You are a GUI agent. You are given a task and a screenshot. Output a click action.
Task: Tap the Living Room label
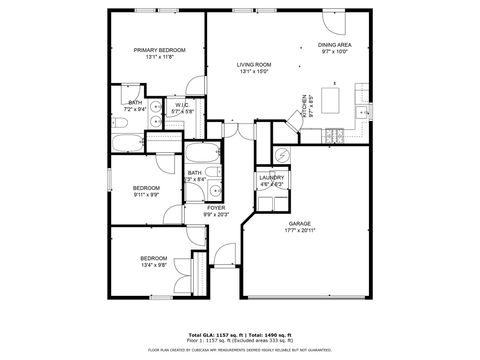click(x=254, y=65)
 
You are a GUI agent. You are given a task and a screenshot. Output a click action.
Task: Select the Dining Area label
click(x=334, y=45)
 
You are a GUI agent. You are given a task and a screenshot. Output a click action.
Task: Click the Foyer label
click(x=216, y=207)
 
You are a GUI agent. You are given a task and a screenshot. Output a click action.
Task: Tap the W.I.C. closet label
click(x=182, y=104)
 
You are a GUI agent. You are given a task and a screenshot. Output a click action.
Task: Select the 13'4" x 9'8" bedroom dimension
click(x=153, y=265)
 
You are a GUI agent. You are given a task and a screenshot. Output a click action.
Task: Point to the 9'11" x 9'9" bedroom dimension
click(x=147, y=194)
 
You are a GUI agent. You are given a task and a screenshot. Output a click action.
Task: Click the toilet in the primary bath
click(x=119, y=123)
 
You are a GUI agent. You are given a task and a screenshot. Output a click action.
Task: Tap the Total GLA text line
click(x=240, y=333)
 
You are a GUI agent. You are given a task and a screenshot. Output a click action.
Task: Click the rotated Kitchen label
click(x=306, y=106)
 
